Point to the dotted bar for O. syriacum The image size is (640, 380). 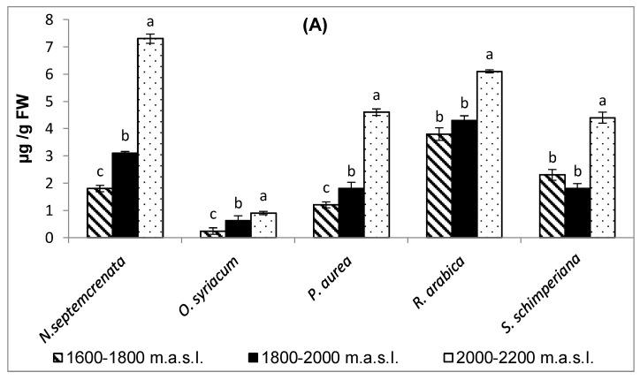pyautogui.click(x=264, y=225)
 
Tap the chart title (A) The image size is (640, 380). pyautogui.click(x=310, y=26)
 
